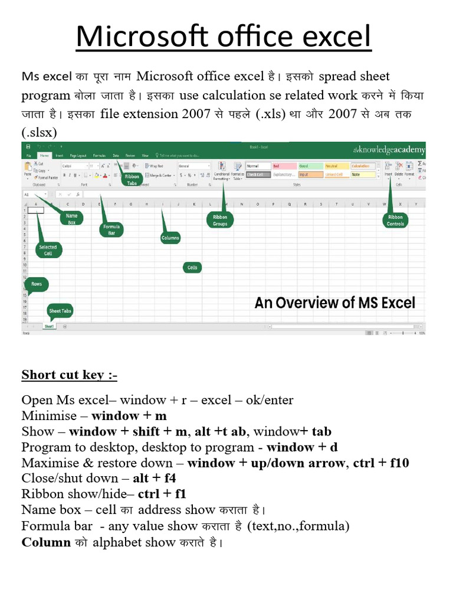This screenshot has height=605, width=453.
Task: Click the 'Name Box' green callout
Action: [x=72, y=219]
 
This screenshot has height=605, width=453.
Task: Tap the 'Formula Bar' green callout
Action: [x=111, y=229]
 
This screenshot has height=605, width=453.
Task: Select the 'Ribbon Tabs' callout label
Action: [x=132, y=179]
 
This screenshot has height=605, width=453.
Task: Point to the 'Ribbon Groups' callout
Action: [x=220, y=220]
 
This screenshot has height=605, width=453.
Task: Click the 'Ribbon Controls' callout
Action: [x=395, y=220]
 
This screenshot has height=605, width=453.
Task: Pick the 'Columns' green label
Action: [x=170, y=238]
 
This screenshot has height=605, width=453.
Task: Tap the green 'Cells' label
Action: [x=192, y=268]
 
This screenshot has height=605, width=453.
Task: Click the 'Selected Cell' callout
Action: [x=48, y=250]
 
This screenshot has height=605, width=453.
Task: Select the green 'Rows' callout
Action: [x=37, y=284]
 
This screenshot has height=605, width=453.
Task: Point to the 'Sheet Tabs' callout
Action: [x=60, y=311]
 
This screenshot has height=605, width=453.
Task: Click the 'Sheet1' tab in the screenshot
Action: [x=49, y=326]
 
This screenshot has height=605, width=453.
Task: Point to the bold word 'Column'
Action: [x=46, y=542]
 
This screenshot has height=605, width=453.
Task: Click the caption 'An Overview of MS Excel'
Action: [x=334, y=303]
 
